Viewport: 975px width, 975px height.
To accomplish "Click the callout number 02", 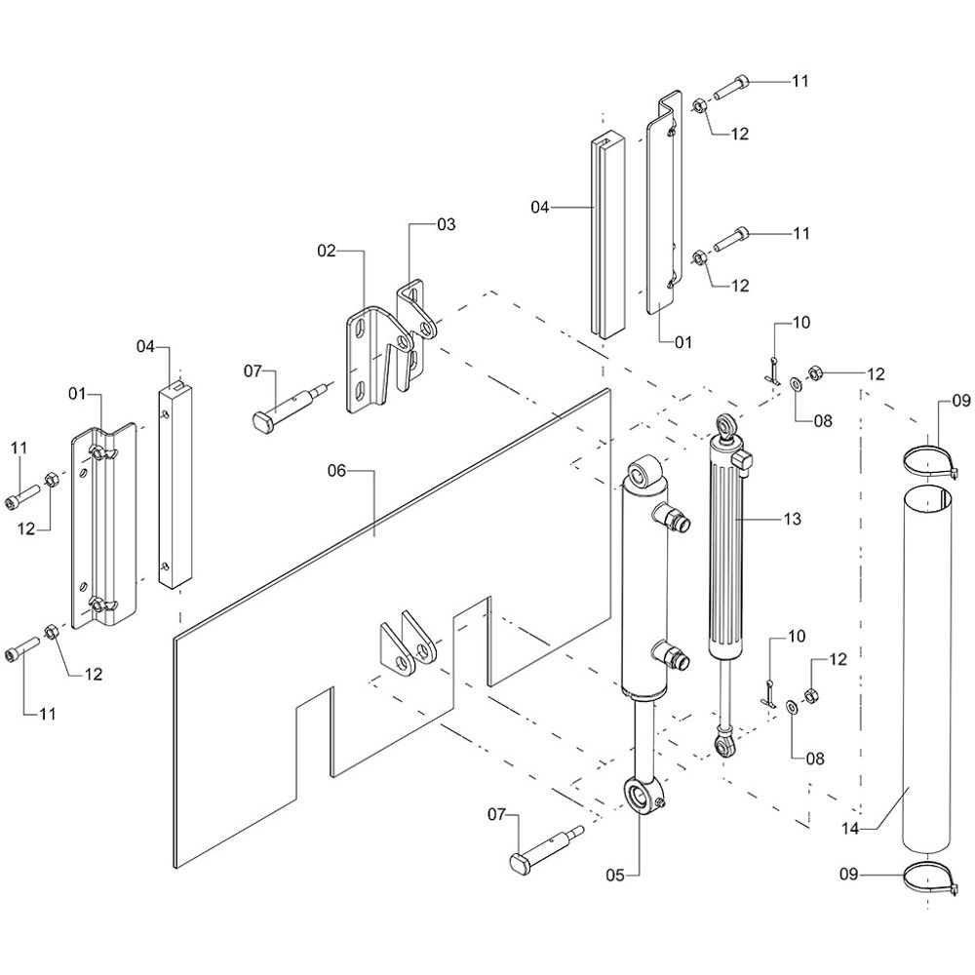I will [326, 251].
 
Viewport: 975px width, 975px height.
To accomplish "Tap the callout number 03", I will [446, 224].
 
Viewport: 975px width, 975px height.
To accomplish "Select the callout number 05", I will [613, 875].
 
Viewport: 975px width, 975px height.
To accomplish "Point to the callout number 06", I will [336, 470].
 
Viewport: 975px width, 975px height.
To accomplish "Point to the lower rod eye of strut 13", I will [723, 746].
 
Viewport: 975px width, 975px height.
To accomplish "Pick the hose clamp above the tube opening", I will [929, 460].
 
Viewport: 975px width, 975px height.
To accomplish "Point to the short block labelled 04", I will [176, 487].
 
